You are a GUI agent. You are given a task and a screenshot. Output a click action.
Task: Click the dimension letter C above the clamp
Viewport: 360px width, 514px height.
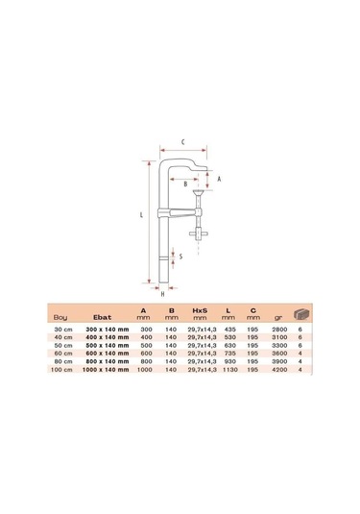point(182,141)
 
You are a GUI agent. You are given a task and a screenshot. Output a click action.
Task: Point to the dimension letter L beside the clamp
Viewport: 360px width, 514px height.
point(140,215)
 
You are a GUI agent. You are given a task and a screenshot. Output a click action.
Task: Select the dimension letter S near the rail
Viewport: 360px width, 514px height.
point(182,256)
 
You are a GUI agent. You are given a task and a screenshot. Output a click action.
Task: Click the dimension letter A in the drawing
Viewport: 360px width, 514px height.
point(219,179)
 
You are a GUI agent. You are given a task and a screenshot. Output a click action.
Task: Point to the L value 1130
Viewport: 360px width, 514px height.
point(228,369)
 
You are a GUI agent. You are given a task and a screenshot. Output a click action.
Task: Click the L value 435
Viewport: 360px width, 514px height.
point(228,328)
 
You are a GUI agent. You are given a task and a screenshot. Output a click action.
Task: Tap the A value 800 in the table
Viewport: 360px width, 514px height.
point(145,360)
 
